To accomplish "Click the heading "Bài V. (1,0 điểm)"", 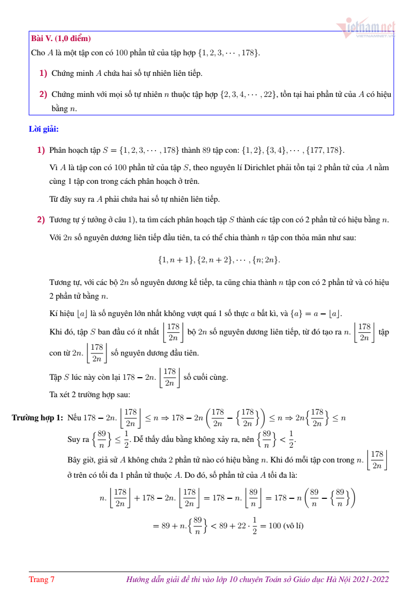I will (x=61, y=38).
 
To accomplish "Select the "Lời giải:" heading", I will (x=44, y=129).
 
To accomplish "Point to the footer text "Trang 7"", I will (x=42, y=580).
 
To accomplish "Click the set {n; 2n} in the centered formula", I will (x=266, y=260).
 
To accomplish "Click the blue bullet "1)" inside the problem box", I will (x=43, y=73).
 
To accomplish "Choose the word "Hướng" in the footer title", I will (x=138, y=580).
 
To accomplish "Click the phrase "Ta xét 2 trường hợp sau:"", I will (x=86, y=394).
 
